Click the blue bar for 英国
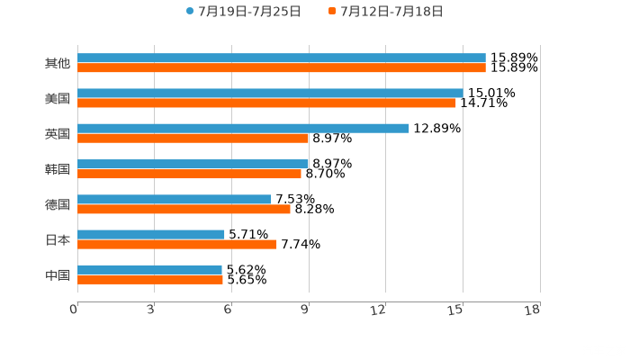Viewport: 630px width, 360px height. (x=243, y=128)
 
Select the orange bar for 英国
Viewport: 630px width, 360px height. (x=193, y=139)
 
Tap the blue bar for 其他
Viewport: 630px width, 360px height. (x=281, y=58)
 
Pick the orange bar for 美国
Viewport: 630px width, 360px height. (x=266, y=103)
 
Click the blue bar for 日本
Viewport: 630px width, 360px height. (x=151, y=234)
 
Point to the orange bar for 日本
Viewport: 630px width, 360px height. (x=176, y=245)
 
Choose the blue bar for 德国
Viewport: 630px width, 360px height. (x=175, y=199)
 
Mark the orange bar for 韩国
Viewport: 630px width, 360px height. (x=189, y=174)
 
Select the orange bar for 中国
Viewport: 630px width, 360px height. (x=149, y=280)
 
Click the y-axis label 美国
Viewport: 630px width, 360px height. (x=58, y=99)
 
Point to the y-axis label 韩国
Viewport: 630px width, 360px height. (x=58, y=169)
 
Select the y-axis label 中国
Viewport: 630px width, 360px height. (x=58, y=274)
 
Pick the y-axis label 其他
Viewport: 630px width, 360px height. (x=58, y=64)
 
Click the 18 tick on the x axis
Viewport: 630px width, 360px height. (x=533, y=310)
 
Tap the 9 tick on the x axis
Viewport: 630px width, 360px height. (x=305, y=310)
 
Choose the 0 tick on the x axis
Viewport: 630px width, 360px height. (x=75, y=310)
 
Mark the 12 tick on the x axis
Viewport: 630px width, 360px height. (x=379, y=310)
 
